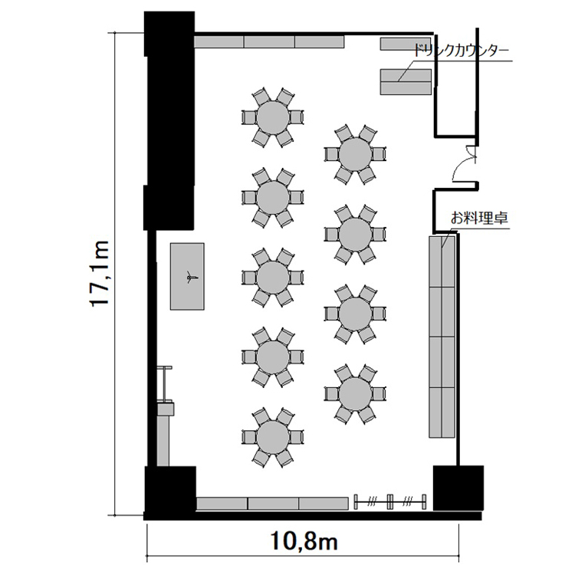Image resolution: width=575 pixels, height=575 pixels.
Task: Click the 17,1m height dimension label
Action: click(99, 273)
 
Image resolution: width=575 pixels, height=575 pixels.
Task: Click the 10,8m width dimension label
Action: click(304, 541)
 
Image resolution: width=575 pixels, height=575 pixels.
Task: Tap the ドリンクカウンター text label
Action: click(462, 51)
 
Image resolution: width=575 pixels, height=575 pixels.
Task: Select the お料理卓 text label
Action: click(479, 219)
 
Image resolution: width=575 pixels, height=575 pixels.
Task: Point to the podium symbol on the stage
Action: click(190, 278)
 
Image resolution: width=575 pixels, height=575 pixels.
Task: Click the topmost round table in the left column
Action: click(273, 118)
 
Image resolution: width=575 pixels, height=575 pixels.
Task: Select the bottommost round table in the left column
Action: click(273, 437)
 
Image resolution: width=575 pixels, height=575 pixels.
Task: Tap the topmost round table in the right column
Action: click(355, 154)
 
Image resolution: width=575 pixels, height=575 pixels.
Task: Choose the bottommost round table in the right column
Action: click(355, 394)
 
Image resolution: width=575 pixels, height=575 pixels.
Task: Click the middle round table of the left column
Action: click(273, 278)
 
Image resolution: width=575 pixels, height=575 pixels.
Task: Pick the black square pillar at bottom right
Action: click(458, 488)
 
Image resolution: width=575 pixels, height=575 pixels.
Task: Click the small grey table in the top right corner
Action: click(405, 44)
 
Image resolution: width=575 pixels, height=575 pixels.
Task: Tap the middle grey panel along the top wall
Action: click(270, 42)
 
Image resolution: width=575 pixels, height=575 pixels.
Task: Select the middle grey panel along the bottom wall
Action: click(273, 504)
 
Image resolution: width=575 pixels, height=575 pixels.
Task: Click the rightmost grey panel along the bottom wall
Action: click(323, 504)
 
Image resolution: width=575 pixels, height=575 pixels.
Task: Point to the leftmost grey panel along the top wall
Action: click(219, 42)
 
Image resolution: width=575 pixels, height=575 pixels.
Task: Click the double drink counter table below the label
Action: click(406, 82)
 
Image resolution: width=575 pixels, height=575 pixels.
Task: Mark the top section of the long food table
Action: click(442, 262)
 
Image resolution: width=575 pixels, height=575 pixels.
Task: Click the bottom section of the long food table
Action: click(442, 412)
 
